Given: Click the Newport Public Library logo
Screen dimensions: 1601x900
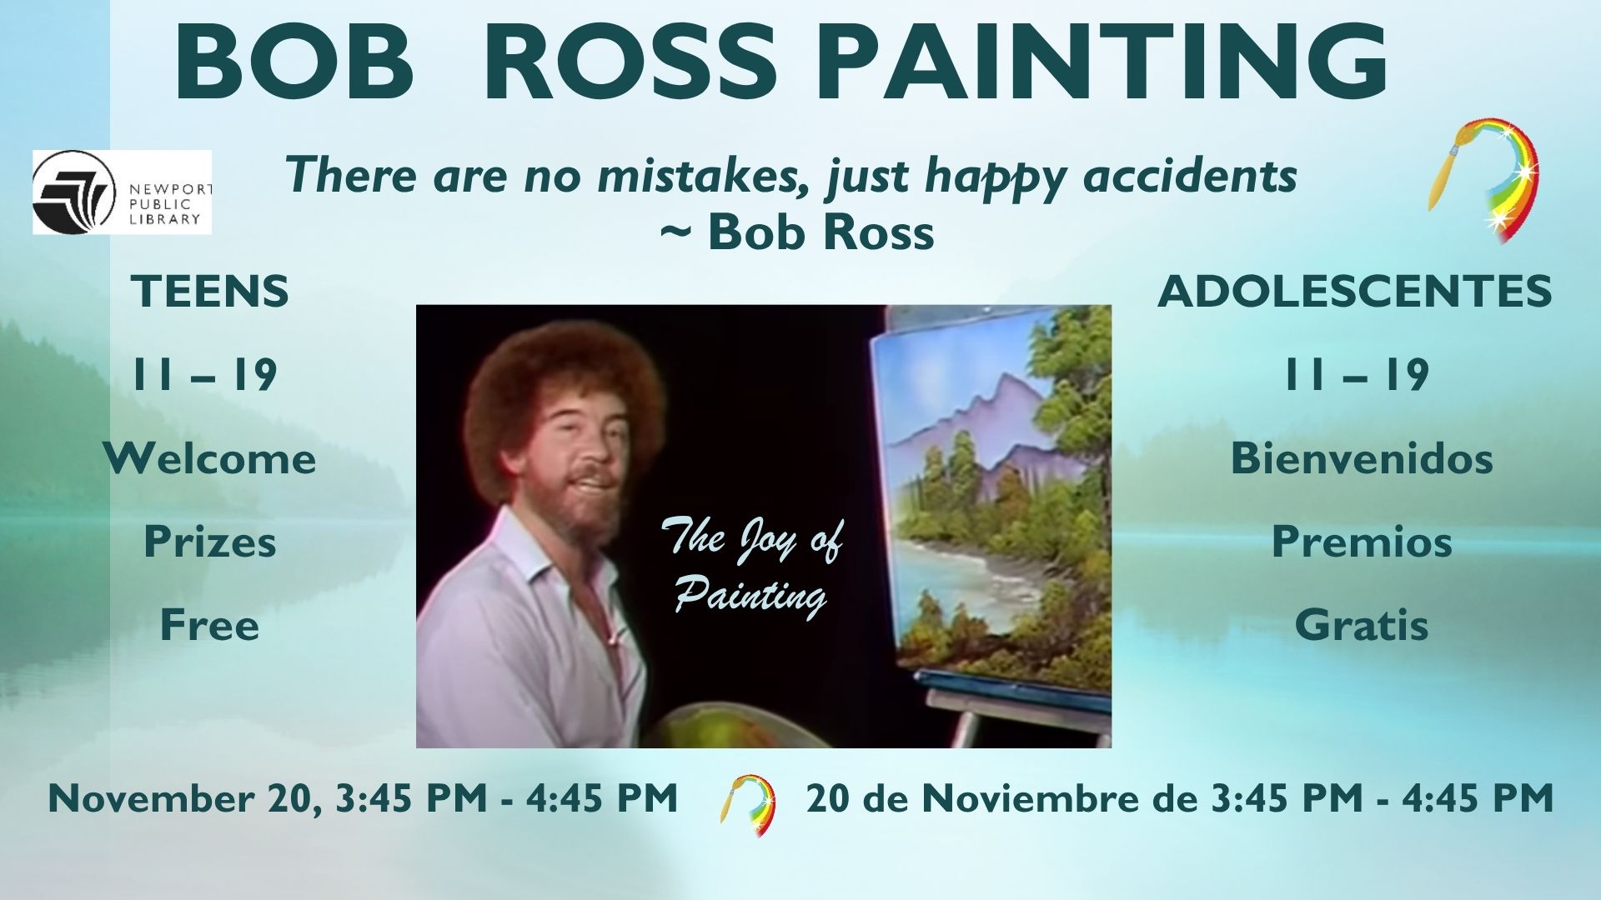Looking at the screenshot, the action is coord(122,192).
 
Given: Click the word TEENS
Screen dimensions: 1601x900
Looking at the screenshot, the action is coord(210,292).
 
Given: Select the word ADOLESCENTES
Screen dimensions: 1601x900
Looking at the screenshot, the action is coord(1355,292).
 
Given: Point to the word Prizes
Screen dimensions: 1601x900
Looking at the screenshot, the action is coord(210,542).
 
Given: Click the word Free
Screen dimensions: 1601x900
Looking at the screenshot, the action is coord(210,625).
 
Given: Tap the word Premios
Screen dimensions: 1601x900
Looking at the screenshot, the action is coord(1362,542).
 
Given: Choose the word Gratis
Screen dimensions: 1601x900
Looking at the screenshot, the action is coord(1362,625).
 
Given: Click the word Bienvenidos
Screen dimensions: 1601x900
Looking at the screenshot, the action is coord(1362,458).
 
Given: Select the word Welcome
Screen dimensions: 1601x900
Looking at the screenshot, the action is coord(210,458).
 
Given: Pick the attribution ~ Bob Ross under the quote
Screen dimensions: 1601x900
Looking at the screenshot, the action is coord(796,232).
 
